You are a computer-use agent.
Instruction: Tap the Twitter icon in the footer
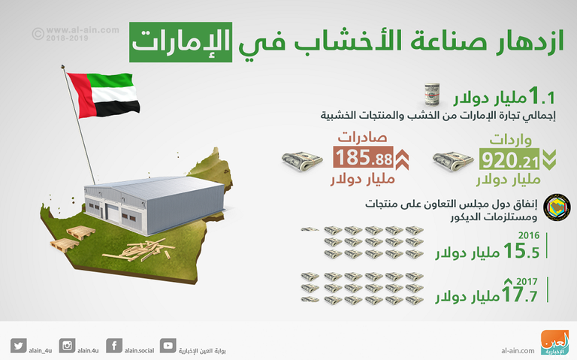point(19,346)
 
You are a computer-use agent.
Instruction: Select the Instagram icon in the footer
point(67,346)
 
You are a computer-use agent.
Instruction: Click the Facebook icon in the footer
point(114,346)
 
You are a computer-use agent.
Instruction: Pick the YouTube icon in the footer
point(168,346)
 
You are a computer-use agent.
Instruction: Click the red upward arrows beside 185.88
point(402,159)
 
